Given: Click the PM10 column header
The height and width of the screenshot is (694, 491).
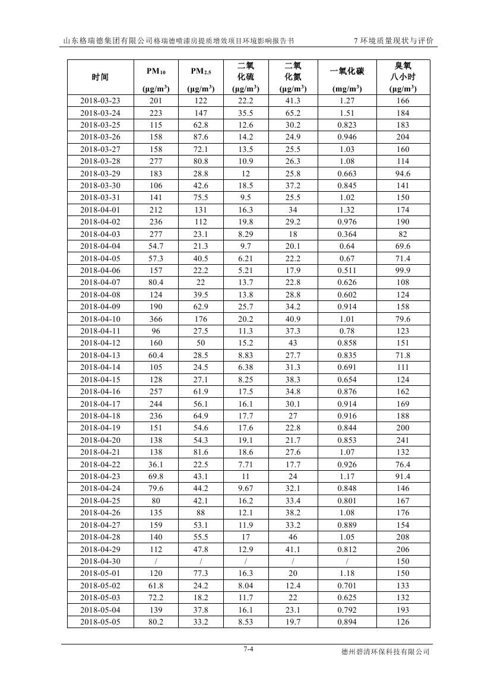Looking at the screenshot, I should click(156, 72).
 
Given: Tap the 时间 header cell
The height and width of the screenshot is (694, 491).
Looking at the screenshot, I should click(100, 77).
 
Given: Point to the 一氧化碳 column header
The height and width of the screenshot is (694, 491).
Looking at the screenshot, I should click(347, 72).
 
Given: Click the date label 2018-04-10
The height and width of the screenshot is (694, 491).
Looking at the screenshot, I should click(100, 319).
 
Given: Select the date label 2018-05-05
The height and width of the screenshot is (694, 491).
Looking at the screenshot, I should click(100, 622).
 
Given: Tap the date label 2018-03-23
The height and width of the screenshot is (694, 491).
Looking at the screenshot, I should click(100, 101).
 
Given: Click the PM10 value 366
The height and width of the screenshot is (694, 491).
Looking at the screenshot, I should click(156, 319).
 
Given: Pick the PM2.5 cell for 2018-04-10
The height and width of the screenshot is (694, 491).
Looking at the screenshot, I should click(201, 319).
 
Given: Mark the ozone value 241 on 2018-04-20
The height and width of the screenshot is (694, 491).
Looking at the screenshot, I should click(403, 440).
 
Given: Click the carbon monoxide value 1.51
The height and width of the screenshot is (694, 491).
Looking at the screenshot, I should click(347, 113).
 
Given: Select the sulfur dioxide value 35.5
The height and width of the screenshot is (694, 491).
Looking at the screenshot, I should click(245, 113).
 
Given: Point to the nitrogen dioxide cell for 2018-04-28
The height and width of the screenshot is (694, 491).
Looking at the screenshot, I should click(293, 537).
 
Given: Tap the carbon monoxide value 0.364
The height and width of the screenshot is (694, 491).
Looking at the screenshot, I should click(347, 234).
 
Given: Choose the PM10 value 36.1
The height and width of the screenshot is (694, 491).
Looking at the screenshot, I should click(156, 464).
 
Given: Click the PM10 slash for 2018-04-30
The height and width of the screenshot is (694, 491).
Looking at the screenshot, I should click(156, 562).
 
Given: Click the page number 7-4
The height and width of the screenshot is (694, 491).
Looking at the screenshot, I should click(248, 649).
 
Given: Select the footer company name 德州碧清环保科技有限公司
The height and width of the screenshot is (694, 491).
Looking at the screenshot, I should click(385, 652).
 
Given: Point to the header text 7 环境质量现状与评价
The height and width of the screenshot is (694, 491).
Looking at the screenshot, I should click(393, 41).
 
